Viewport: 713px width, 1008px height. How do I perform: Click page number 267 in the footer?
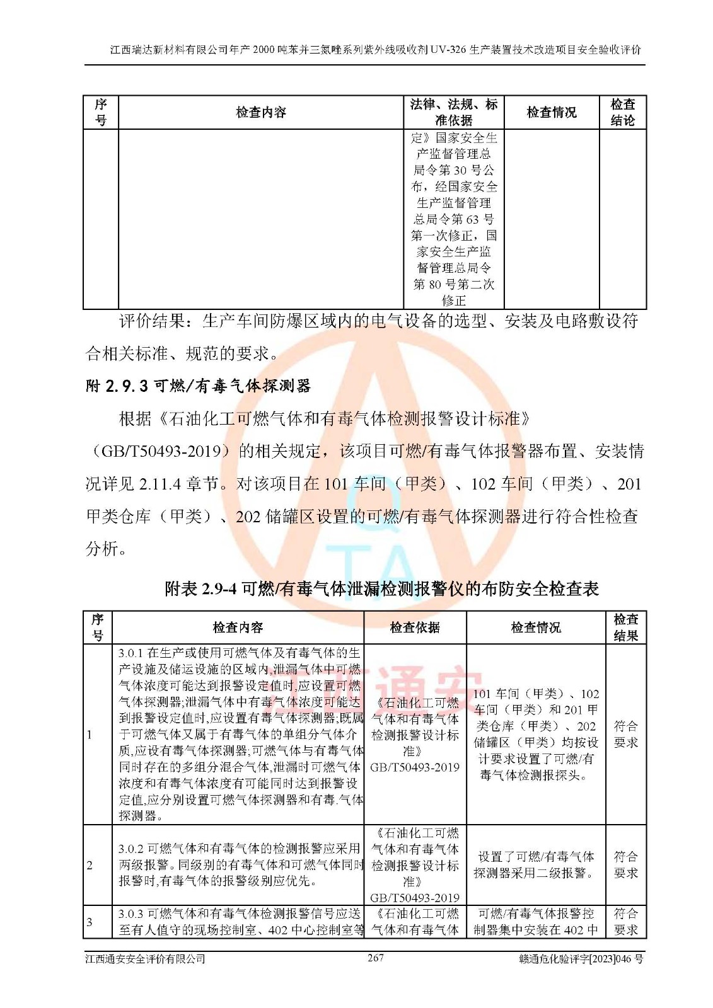pos(375,958)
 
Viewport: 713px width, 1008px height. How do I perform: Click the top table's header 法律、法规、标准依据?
pos(453,112)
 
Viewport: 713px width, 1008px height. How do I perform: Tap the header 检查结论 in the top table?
pos(622,112)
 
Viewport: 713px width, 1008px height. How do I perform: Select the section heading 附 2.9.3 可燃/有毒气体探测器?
pos(198,386)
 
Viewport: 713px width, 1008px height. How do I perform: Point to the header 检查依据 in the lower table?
pos(414,627)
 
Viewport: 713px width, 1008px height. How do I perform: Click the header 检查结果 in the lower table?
pos(625,627)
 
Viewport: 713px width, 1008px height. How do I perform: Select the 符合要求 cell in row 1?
pos(625,735)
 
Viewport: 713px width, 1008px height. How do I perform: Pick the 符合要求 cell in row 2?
pos(625,865)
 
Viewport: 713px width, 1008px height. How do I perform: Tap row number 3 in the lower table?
pos(90,922)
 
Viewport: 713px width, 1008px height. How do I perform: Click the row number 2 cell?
pos(90,865)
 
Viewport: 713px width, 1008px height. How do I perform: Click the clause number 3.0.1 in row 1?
pos(130,653)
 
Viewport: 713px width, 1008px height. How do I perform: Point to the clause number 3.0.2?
pos(131,849)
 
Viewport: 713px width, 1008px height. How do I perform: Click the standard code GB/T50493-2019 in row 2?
pos(414,898)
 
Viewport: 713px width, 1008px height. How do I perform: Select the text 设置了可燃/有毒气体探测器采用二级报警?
pos(535,865)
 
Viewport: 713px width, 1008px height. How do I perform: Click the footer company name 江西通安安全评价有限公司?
pos(146,959)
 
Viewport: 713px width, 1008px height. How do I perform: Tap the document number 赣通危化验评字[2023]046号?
pos(581,959)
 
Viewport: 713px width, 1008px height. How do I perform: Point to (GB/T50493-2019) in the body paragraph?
pos(161,452)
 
